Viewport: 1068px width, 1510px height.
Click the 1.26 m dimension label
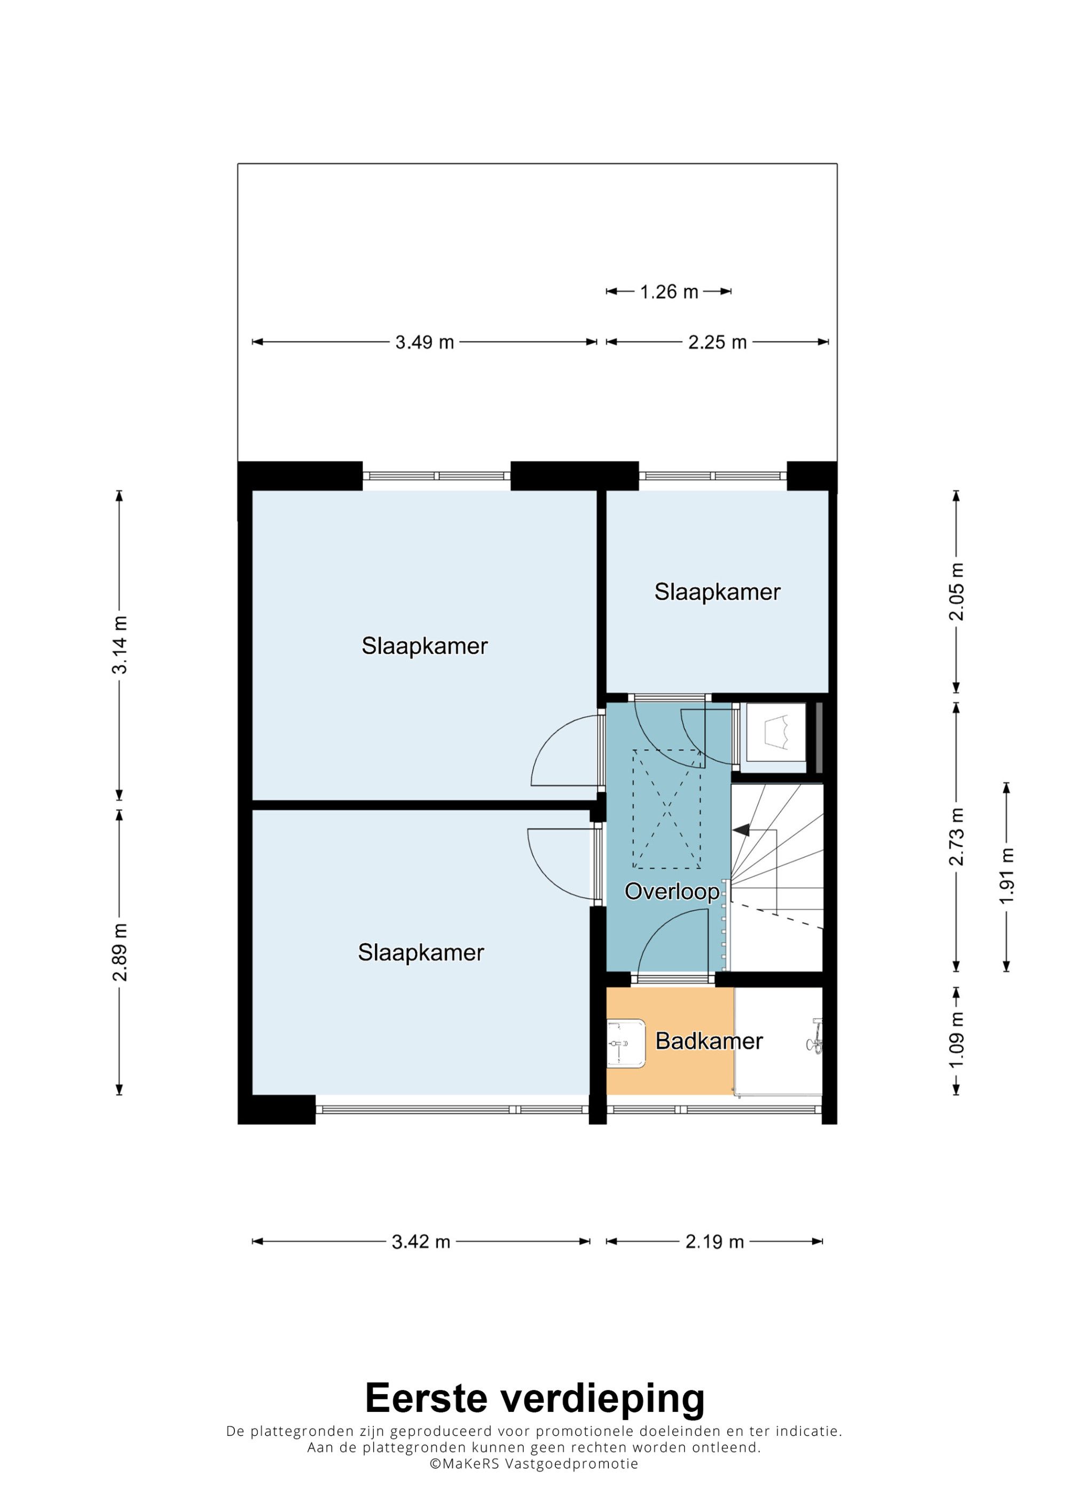669,291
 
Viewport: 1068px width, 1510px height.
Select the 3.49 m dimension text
425,342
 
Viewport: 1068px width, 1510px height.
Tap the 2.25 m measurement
717,342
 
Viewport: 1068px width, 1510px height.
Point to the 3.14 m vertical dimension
120,645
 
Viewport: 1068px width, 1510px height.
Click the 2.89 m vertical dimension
120,952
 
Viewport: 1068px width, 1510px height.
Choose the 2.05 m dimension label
956,592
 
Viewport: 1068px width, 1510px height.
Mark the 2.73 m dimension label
956,837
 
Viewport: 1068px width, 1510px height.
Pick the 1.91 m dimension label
1007,876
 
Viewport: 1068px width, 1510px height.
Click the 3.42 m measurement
421,1242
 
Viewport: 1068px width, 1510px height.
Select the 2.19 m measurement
714,1242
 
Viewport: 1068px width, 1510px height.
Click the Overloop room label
672,891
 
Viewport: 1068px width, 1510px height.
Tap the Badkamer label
709,1040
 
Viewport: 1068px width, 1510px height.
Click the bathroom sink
625,1043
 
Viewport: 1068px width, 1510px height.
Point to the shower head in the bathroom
815,1037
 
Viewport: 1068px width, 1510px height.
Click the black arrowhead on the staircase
742,830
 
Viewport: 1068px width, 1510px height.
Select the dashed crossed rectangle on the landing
666,809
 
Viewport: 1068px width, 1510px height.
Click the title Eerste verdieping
535,1399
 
